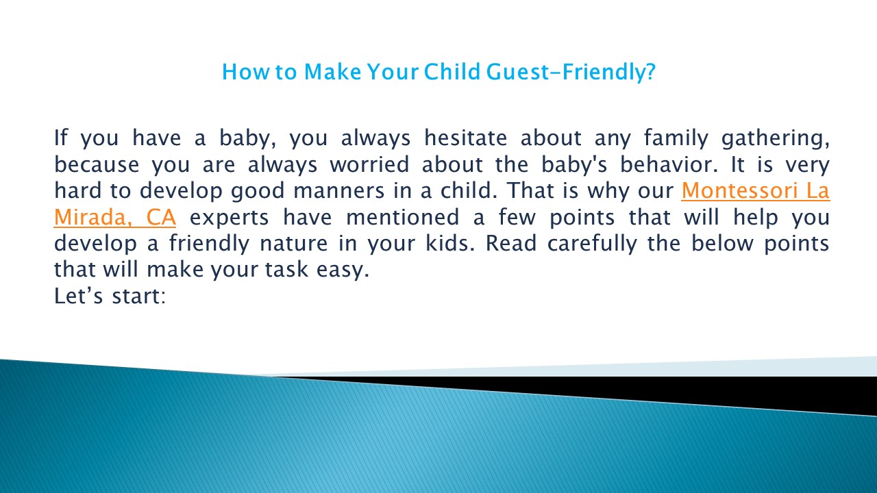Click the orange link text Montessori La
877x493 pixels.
[x=755, y=191]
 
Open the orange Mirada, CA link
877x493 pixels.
[x=114, y=218]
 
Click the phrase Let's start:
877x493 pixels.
[x=110, y=297]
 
